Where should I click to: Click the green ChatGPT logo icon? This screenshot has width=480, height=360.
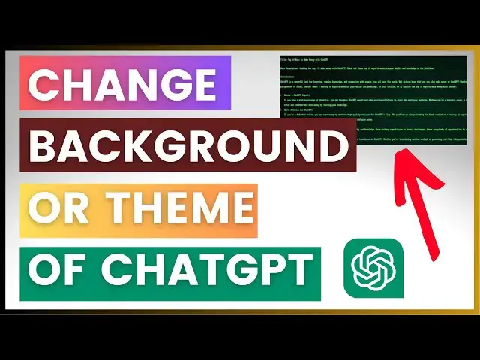(373, 268)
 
